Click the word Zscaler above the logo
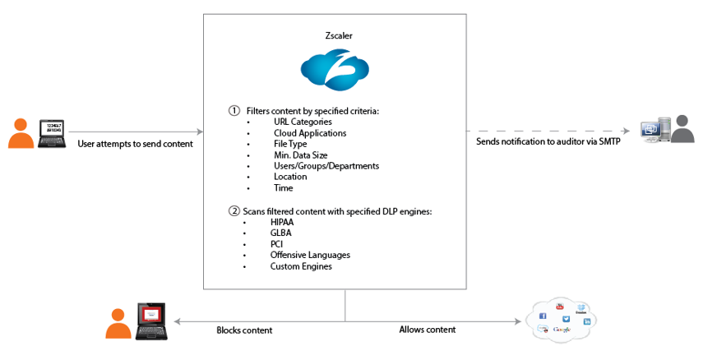pos(335,36)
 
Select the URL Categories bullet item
pos(303,122)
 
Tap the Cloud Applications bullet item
pos(310,132)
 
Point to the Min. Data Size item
pos(301,155)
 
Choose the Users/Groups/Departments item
pos(326,166)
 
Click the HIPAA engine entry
pos(284,222)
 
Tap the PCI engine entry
pos(278,244)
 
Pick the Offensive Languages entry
pos(309,255)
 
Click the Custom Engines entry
pos(301,266)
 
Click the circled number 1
pos(234,110)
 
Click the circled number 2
pos(234,210)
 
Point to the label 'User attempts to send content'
pos(135,144)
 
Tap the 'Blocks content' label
pos(244,330)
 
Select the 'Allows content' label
pos(427,330)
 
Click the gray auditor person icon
pos(683,131)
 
